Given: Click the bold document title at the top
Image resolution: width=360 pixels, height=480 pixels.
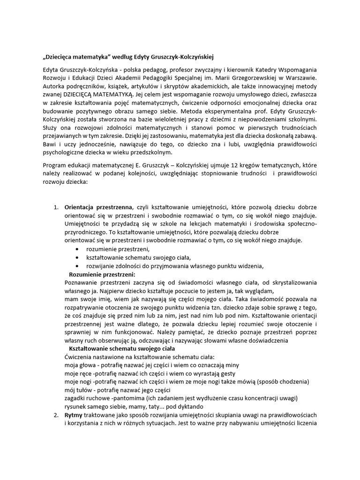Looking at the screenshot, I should pos(127,57).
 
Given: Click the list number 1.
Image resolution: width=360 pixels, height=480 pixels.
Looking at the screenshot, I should pos(55,207).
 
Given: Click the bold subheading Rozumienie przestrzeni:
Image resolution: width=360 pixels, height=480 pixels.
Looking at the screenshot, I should pos(102,274).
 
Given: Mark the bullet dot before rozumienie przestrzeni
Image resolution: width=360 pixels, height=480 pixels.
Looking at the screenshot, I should pos(77,249).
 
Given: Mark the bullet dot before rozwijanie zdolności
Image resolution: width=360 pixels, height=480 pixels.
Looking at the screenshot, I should pos(77,266).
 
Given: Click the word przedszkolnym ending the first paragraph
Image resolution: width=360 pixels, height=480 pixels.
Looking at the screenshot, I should pos(153,153).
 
